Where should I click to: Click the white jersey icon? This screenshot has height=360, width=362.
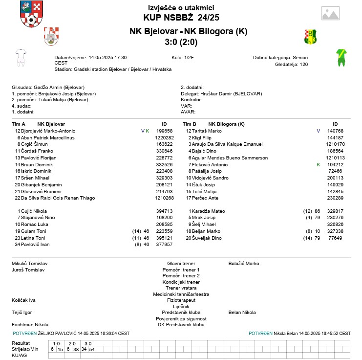coord(20,57)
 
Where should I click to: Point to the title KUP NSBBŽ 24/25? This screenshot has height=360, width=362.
coord(181,18)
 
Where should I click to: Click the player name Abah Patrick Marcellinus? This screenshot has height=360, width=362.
coord(47,138)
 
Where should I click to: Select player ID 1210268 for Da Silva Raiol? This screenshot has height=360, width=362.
coord(164,198)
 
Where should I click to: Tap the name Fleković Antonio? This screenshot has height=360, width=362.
coord(210,165)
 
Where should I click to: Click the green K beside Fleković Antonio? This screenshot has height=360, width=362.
coord(319,165)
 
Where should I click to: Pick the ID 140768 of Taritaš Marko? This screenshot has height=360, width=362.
coord(335,131)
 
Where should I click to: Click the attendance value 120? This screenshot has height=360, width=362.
coord(304,64)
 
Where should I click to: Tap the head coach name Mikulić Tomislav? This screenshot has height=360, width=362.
coord(29,263)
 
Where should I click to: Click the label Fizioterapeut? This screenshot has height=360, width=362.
coord(181,300)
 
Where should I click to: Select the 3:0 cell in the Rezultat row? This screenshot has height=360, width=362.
coord(88,343)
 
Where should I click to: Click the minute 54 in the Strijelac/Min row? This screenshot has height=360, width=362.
coord(92,349)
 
